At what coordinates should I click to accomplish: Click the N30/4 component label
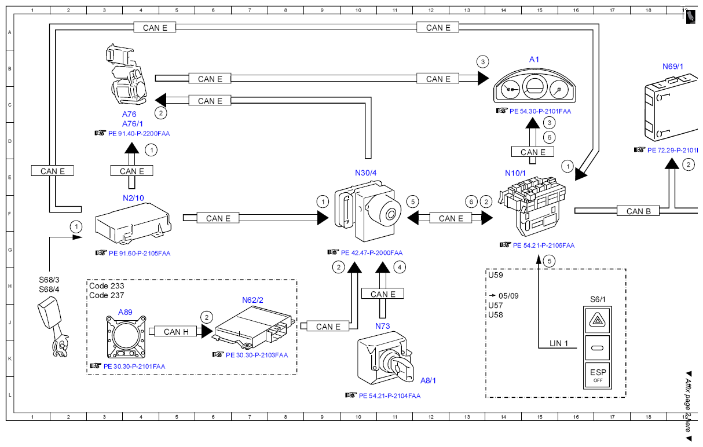(365, 173)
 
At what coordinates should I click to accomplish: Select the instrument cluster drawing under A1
(534, 86)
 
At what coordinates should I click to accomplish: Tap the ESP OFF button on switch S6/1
(598, 375)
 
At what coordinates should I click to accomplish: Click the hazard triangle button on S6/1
(598, 320)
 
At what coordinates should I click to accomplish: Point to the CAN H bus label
(176, 331)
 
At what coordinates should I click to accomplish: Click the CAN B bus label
(638, 211)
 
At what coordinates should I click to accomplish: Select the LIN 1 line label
(559, 343)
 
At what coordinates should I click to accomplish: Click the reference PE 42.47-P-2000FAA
(372, 252)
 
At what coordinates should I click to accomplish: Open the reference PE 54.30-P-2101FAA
(540, 111)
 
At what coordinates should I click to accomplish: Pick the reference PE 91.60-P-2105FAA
(140, 254)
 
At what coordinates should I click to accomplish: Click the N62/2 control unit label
(252, 300)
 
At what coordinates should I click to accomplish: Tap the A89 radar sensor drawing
(126, 337)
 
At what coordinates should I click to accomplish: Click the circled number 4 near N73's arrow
(400, 268)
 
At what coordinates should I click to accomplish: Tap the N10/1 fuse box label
(515, 173)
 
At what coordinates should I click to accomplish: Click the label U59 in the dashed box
(496, 275)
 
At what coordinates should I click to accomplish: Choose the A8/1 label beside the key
(428, 380)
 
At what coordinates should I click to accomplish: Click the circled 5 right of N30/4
(413, 202)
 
